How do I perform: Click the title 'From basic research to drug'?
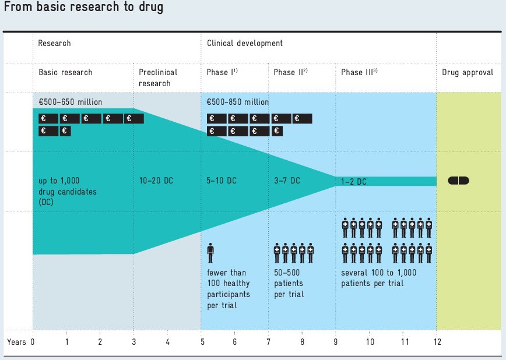click(x=83, y=8)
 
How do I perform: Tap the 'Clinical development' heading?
click(x=245, y=43)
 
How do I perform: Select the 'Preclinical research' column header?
click(x=158, y=77)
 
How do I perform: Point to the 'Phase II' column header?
click(x=290, y=72)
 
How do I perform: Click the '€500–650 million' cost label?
click(x=70, y=102)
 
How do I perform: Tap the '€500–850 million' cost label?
click(x=238, y=102)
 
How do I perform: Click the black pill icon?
click(x=458, y=181)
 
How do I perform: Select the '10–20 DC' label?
click(x=156, y=181)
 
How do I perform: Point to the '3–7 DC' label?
click(x=287, y=181)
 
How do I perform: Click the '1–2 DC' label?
click(x=354, y=182)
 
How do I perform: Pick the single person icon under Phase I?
click(x=210, y=254)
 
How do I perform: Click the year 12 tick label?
click(x=437, y=342)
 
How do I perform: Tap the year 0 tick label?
click(x=33, y=342)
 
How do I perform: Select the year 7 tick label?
click(x=268, y=342)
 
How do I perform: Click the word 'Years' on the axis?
click(x=16, y=342)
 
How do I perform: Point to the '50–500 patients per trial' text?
click(x=289, y=283)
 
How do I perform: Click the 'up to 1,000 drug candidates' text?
click(x=65, y=190)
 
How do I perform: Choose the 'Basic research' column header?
click(x=65, y=72)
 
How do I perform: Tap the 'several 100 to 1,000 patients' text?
click(x=381, y=278)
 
